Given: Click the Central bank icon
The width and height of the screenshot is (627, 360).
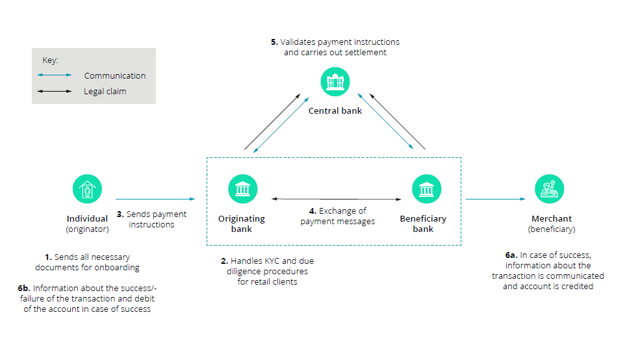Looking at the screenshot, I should (x=335, y=83).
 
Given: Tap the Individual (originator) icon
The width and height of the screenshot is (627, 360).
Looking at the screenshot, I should (x=87, y=189).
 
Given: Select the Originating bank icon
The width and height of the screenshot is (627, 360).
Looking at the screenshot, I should (x=242, y=189).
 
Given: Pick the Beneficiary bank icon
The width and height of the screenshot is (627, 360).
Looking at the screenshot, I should (x=427, y=189).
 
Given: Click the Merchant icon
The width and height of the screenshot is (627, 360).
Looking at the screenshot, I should (x=549, y=189).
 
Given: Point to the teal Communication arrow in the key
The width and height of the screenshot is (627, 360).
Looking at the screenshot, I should (x=55, y=75).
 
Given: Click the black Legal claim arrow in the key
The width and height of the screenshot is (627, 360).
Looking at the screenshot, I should (x=55, y=92).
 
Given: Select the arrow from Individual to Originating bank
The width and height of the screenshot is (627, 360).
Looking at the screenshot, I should (x=155, y=199).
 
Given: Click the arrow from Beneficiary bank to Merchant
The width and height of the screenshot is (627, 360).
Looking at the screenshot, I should (x=496, y=199).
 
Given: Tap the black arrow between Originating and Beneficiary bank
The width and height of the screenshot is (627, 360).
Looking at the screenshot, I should (x=335, y=198).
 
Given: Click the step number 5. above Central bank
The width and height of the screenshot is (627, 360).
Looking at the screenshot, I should (x=274, y=42).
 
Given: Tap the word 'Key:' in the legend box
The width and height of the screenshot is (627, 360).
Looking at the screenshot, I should (x=51, y=60).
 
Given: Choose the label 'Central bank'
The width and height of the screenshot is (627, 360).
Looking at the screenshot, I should (x=335, y=111).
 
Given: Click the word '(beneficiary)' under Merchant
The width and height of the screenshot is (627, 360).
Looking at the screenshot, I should (x=552, y=229).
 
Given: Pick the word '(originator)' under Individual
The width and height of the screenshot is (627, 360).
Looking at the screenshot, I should (x=87, y=229).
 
